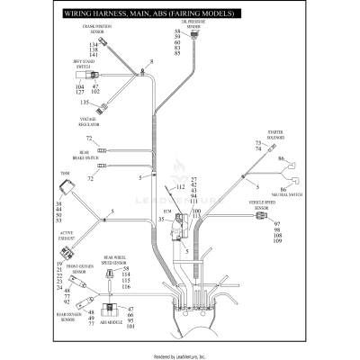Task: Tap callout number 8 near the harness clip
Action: pyautogui.click(x=153, y=60)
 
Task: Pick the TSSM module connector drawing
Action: pyautogui.click(x=66, y=189)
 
